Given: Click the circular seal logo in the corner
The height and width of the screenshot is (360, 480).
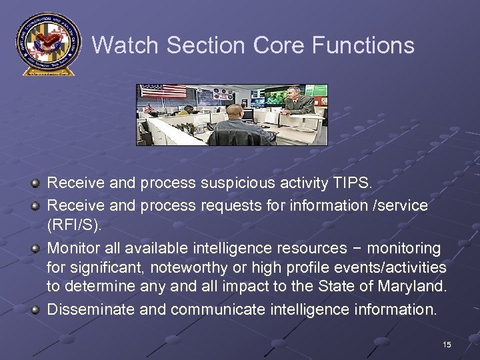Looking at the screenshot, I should click(x=46, y=43).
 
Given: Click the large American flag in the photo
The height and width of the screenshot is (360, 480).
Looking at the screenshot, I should click(x=163, y=91).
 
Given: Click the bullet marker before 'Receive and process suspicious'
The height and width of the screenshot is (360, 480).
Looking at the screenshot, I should click(x=35, y=182).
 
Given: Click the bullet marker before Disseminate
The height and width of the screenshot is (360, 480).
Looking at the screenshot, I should click(x=35, y=309).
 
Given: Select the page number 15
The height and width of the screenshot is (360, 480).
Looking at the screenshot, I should click(x=446, y=344).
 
